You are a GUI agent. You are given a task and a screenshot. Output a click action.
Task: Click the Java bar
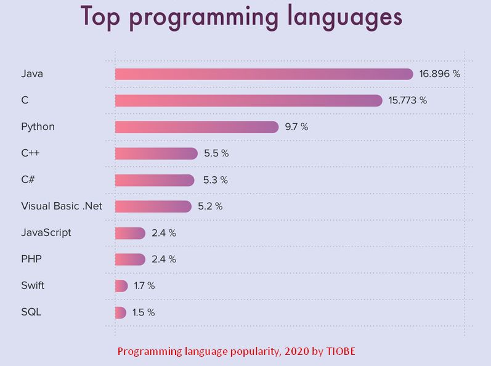click(264, 74)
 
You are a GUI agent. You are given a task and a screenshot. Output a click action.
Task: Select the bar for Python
click(197, 127)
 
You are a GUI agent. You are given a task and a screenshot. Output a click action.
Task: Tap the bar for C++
click(156, 153)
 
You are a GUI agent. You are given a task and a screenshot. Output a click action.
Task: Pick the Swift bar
click(121, 286)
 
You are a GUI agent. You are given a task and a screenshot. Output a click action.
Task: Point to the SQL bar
click(121, 312)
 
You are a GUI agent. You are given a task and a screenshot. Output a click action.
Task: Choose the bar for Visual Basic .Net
click(153, 206)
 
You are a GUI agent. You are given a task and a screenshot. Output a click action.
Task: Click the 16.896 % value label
click(439, 74)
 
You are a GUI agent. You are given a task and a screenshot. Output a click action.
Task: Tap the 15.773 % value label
click(407, 100)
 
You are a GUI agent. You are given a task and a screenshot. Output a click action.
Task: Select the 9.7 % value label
click(296, 127)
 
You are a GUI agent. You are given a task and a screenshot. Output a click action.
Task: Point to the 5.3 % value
click(215, 180)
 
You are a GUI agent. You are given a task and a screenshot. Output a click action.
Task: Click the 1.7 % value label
click(144, 286)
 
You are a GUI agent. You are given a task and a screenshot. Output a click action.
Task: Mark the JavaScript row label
click(46, 233)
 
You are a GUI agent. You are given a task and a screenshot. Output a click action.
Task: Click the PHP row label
click(30, 259)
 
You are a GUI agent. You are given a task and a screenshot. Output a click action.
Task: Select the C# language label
click(28, 180)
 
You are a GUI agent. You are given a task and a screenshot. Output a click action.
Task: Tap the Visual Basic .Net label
click(62, 206)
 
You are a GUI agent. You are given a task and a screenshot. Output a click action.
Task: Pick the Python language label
click(38, 127)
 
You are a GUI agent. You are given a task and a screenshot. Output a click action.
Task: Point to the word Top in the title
click(102, 16)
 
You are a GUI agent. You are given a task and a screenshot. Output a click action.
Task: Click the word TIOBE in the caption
click(341, 352)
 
